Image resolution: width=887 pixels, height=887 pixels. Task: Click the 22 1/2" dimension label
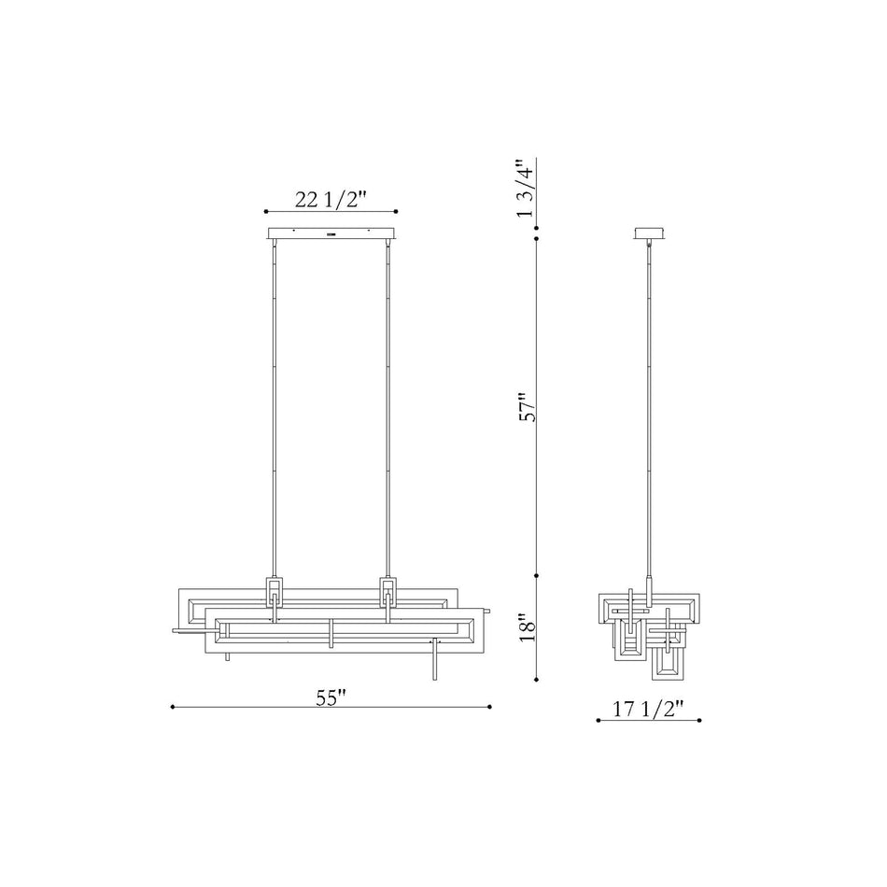coord(331,200)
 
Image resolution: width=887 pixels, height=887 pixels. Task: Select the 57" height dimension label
coord(528,407)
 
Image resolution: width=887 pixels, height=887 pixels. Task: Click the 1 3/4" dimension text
coord(525,189)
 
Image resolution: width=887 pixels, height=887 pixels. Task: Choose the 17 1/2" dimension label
coord(648,709)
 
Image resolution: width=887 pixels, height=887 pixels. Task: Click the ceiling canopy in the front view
coord(331,233)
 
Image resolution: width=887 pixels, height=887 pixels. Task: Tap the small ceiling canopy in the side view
coord(650,233)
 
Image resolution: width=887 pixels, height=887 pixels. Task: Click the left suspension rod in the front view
coord(275,408)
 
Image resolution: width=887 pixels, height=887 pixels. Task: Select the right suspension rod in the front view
coord(387,408)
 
